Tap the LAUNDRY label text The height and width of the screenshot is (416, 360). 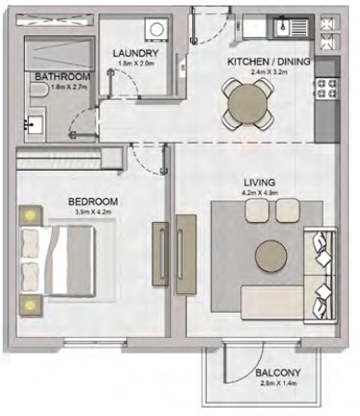point(134,54)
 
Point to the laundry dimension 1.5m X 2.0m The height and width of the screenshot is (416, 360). point(134,65)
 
